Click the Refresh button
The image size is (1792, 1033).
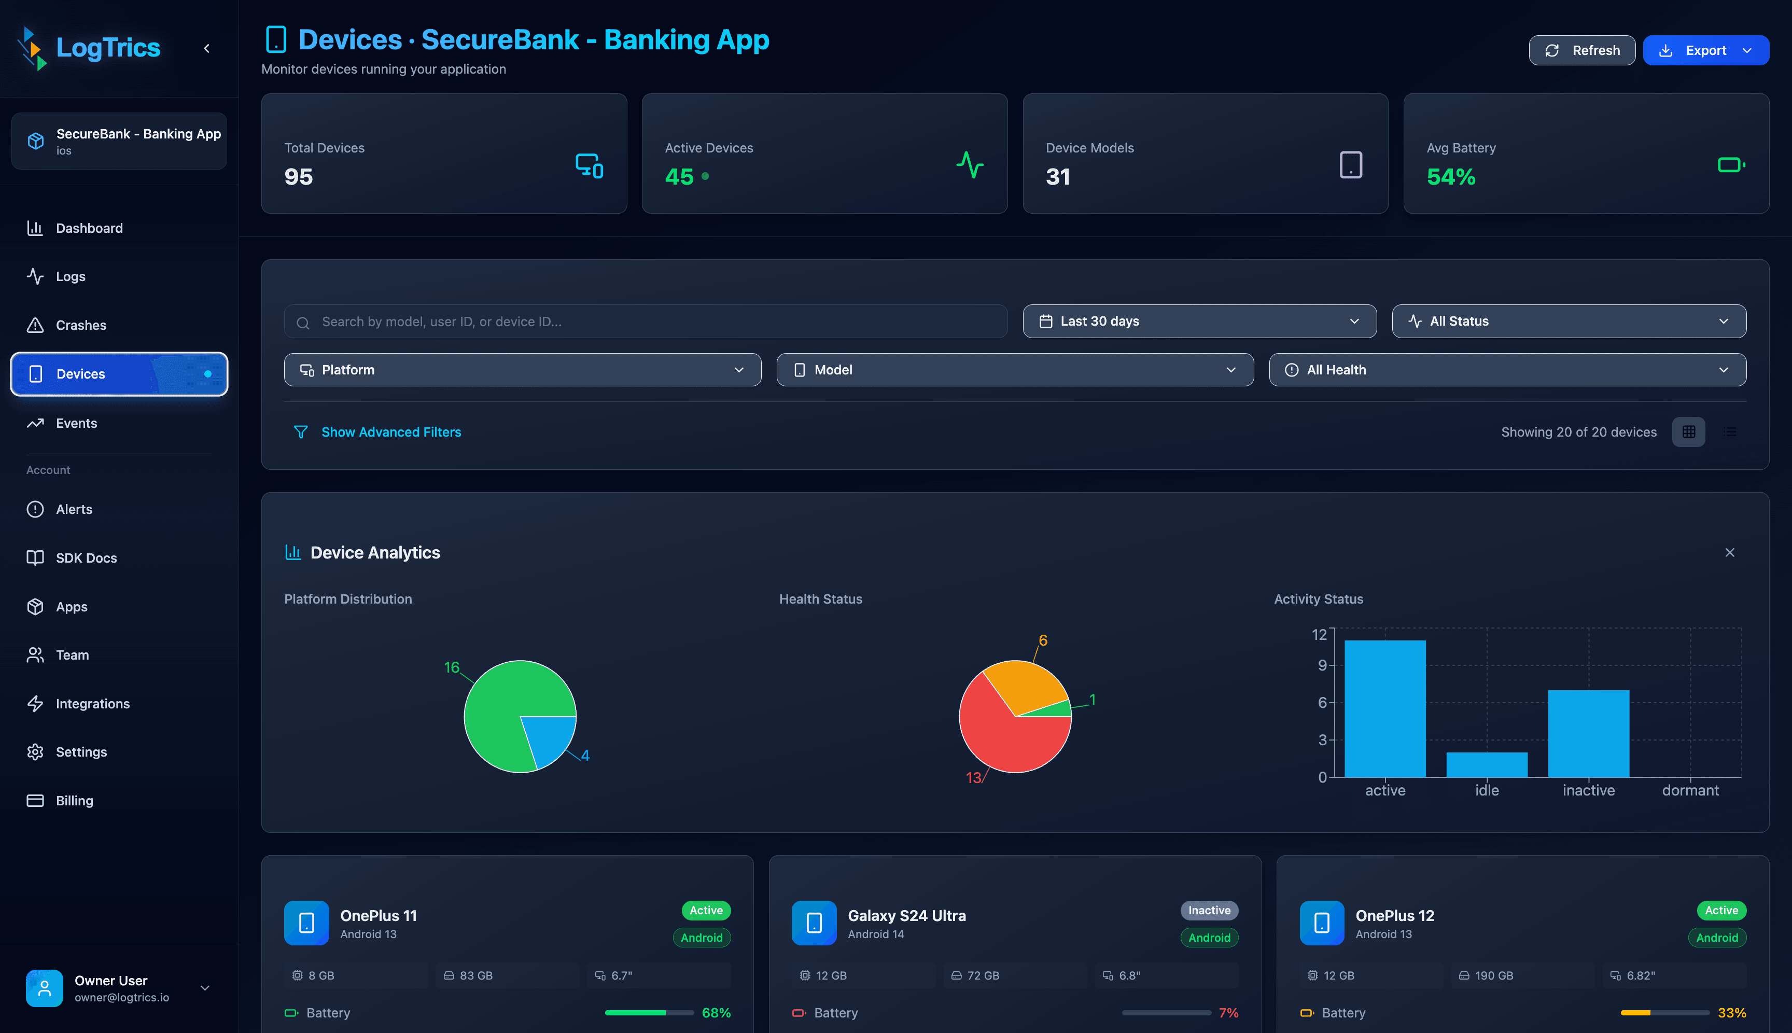click(x=1581, y=50)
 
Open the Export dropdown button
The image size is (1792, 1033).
click(x=1705, y=50)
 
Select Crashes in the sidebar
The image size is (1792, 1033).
click(x=81, y=325)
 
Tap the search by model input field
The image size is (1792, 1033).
click(x=646, y=322)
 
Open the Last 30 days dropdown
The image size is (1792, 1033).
click(x=1199, y=322)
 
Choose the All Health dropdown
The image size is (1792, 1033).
click(x=1507, y=370)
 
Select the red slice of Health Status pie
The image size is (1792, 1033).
click(x=1007, y=745)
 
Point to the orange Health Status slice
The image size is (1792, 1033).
click(x=1025, y=685)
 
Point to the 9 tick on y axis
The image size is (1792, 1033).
click(x=1322, y=665)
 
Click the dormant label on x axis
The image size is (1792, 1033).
click(x=1689, y=790)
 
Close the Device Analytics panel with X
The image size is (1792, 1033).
click(x=1729, y=553)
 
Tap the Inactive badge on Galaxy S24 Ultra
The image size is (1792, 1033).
click(x=1209, y=910)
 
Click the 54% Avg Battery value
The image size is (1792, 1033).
click(x=1450, y=177)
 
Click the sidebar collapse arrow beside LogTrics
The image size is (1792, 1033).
click(x=206, y=48)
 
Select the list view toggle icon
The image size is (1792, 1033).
click(x=1730, y=432)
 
